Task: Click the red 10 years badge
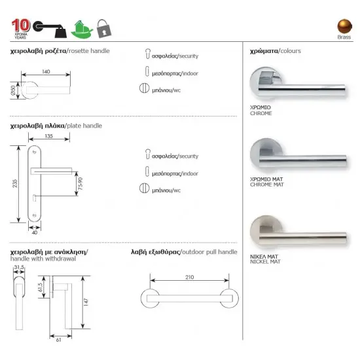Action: pyautogui.click(x=21, y=29)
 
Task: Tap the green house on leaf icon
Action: pyautogui.click(x=82, y=29)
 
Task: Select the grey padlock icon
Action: pyautogui.click(x=104, y=28)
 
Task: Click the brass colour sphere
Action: pyautogui.click(x=344, y=26)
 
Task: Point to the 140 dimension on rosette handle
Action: pyautogui.click(x=46, y=71)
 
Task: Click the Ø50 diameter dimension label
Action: pyautogui.click(x=13, y=90)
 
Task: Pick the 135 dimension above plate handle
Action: pyautogui.click(x=48, y=136)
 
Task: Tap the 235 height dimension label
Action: pyautogui.click(x=14, y=184)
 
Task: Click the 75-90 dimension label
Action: pyautogui.click(x=80, y=184)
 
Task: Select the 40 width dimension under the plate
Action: pyautogui.click(x=35, y=232)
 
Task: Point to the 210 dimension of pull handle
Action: pyautogui.click(x=190, y=277)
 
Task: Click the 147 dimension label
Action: pyautogui.click(x=86, y=302)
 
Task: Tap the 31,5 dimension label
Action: pyautogui.click(x=19, y=267)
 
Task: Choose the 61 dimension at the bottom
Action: pyautogui.click(x=58, y=340)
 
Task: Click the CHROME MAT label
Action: pyautogui.click(x=267, y=185)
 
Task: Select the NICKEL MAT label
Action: pyautogui.click(x=265, y=262)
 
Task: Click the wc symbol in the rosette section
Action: pyautogui.click(x=144, y=88)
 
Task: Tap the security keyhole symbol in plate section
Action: pyautogui.click(x=148, y=154)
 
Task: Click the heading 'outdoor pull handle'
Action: pyautogui.click(x=209, y=252)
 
